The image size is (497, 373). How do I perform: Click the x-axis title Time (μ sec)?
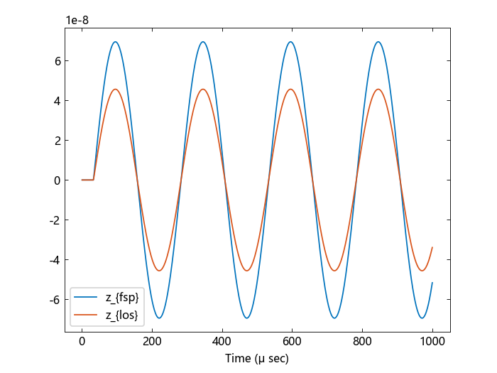(257, 359)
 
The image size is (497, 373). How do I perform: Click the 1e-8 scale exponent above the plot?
(77, 20)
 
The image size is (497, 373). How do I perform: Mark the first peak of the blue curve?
(115, 42)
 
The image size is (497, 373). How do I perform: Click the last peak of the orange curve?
(378, 90)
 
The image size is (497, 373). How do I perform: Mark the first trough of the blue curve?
(159, 318)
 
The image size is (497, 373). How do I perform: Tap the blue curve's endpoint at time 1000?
(432, 283)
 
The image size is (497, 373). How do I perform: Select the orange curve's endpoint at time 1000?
(432, 247)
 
